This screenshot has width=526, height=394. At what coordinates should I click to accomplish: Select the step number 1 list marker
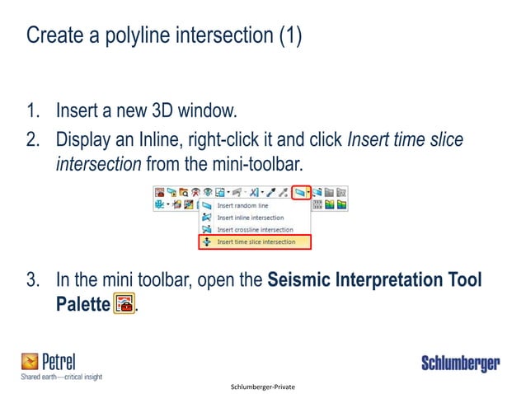tap(34, 111)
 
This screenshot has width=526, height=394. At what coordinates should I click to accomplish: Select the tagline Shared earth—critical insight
tap(61, 377)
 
